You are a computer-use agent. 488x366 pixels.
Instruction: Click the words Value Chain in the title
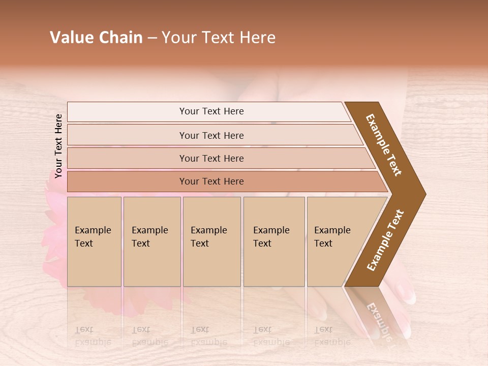click(x=96, y=38)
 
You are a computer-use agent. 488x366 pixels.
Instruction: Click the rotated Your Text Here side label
click(x=58, y=146)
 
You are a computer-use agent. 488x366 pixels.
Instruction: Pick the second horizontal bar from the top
click(x=211, y=135)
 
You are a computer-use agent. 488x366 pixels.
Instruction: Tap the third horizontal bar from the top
click(x=211, y=158)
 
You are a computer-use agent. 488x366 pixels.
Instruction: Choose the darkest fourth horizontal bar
click(x=211, y=181)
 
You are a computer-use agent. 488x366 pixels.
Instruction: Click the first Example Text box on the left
click(x=94, y=241)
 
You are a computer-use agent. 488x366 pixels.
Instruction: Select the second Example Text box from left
click(x=151, y=241)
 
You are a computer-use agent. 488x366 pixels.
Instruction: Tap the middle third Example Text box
click(x=211, y=241)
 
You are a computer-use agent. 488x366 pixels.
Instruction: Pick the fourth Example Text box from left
click(x=273, y=241)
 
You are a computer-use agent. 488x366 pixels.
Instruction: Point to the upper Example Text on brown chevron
click(x=384, y=145)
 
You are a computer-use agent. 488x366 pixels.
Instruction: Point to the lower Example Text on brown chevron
click(x=385, y=240)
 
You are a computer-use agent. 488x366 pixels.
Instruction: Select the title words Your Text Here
click(x=219, y=38)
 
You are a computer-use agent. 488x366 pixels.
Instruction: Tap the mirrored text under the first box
click(x=93, y=336)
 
